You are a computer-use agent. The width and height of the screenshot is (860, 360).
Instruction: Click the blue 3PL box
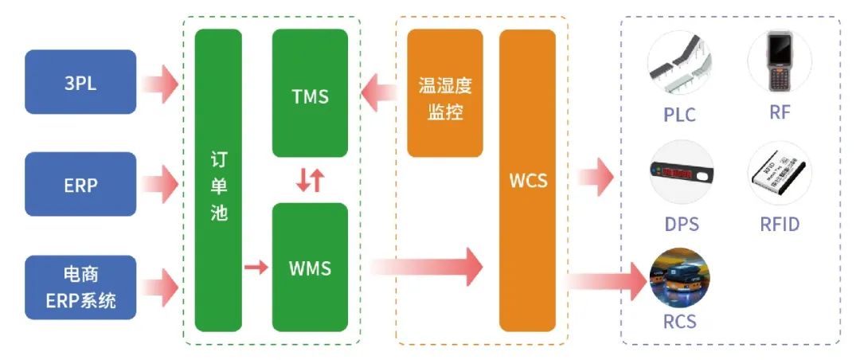click(x=80, y=82)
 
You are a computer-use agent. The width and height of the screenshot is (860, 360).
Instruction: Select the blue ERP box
click(x=80, y=184)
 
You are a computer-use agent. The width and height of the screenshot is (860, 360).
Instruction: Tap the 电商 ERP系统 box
click(x=80, y=288)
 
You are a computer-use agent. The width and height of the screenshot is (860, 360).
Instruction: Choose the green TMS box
click(x=310, y=93)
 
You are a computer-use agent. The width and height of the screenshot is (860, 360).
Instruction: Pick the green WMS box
click(x=310, y=267)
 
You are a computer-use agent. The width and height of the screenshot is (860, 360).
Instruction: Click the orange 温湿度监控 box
click(x=444, y=93)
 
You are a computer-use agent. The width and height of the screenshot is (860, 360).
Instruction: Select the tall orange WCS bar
click(x=527, y=181)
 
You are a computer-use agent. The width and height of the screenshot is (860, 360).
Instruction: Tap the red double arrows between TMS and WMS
click(x=310, y=180)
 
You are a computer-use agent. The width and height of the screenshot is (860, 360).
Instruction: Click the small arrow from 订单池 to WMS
click(x=256, y=268)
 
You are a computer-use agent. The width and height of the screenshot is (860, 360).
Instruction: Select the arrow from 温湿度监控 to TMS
click(x=380, y=93)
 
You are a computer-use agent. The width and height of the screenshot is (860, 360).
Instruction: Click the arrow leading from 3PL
click(x=162, y=83)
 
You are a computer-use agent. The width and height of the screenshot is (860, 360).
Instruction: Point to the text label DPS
click(x=681, y=224)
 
